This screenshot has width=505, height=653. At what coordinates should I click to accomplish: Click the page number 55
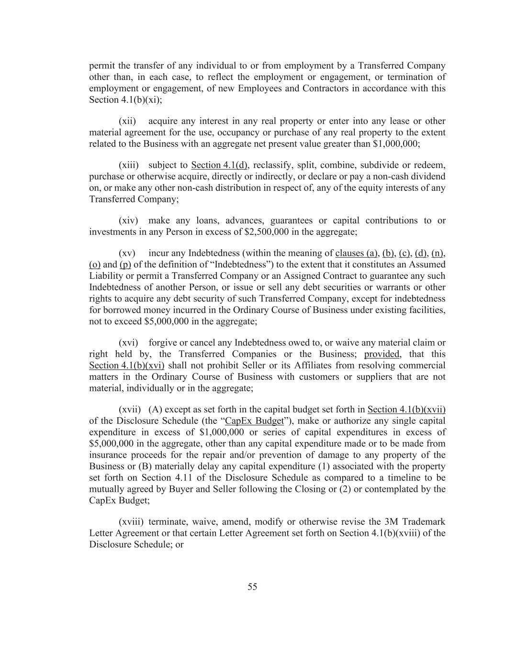pos(252,587)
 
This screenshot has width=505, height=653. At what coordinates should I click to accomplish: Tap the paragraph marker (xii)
pos(127,121)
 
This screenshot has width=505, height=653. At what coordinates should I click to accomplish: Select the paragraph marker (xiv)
pos(128,221)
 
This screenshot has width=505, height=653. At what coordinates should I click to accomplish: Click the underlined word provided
pos(382,354)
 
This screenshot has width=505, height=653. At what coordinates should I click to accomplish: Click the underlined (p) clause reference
pos(125,265)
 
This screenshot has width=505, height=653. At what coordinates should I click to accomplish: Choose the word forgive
pos(162,343)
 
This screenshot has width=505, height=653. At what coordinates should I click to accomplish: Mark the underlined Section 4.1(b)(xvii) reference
pos(406,410)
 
